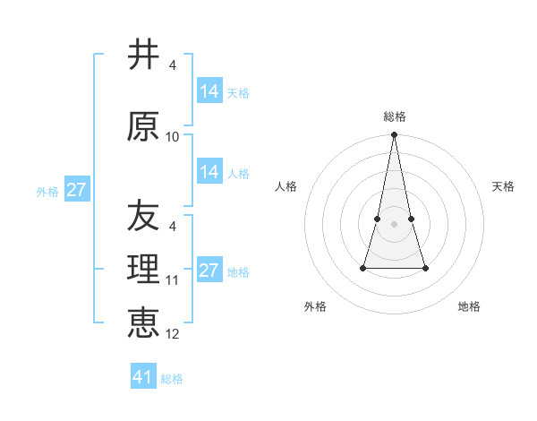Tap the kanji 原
point(144,126)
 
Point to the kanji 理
point(144,270)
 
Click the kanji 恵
point(144,322)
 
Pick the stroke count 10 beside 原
point(173,137)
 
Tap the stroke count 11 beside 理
point(173,280)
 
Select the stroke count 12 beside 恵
point(173,334)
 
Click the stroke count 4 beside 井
point(173,65)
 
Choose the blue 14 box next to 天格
point(209,91)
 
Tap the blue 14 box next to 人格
point(209,172)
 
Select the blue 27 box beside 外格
point(76,190)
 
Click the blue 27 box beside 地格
point(209,271)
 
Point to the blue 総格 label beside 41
point(172,379)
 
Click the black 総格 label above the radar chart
point(394,116)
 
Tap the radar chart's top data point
point(394,135)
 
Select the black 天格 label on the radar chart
point(503,186)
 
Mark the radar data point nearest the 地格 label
point(425,268)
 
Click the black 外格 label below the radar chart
point(315,306)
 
